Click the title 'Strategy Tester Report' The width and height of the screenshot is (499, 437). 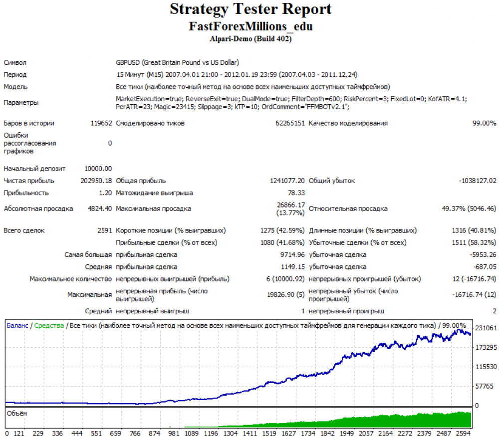tap(250, 9)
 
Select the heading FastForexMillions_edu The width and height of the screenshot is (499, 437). tap(250, 26)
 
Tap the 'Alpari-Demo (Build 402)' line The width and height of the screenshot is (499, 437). tap(250, 38)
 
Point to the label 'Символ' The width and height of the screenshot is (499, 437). tap(15, 63)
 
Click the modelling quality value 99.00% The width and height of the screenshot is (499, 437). tap(484, 123)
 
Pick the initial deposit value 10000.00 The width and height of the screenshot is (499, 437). tap(99, 169)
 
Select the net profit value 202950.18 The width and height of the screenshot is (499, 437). tap(96, 181)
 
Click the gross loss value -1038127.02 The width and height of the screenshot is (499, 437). tap(478, 181)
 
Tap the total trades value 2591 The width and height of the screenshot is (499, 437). tap(105, 230)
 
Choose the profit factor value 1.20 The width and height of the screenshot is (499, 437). tap(105, 193)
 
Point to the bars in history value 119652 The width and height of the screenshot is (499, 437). tap(100, 123)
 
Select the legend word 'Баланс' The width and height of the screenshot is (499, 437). tap(17, 326)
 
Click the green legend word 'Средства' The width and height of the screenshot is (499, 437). tap(49, 326)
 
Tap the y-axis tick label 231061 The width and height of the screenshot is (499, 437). tap(486, 328)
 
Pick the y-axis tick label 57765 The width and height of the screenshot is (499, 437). tap(484, 386)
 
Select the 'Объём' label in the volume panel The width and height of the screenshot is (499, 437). tap(17, 413)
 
